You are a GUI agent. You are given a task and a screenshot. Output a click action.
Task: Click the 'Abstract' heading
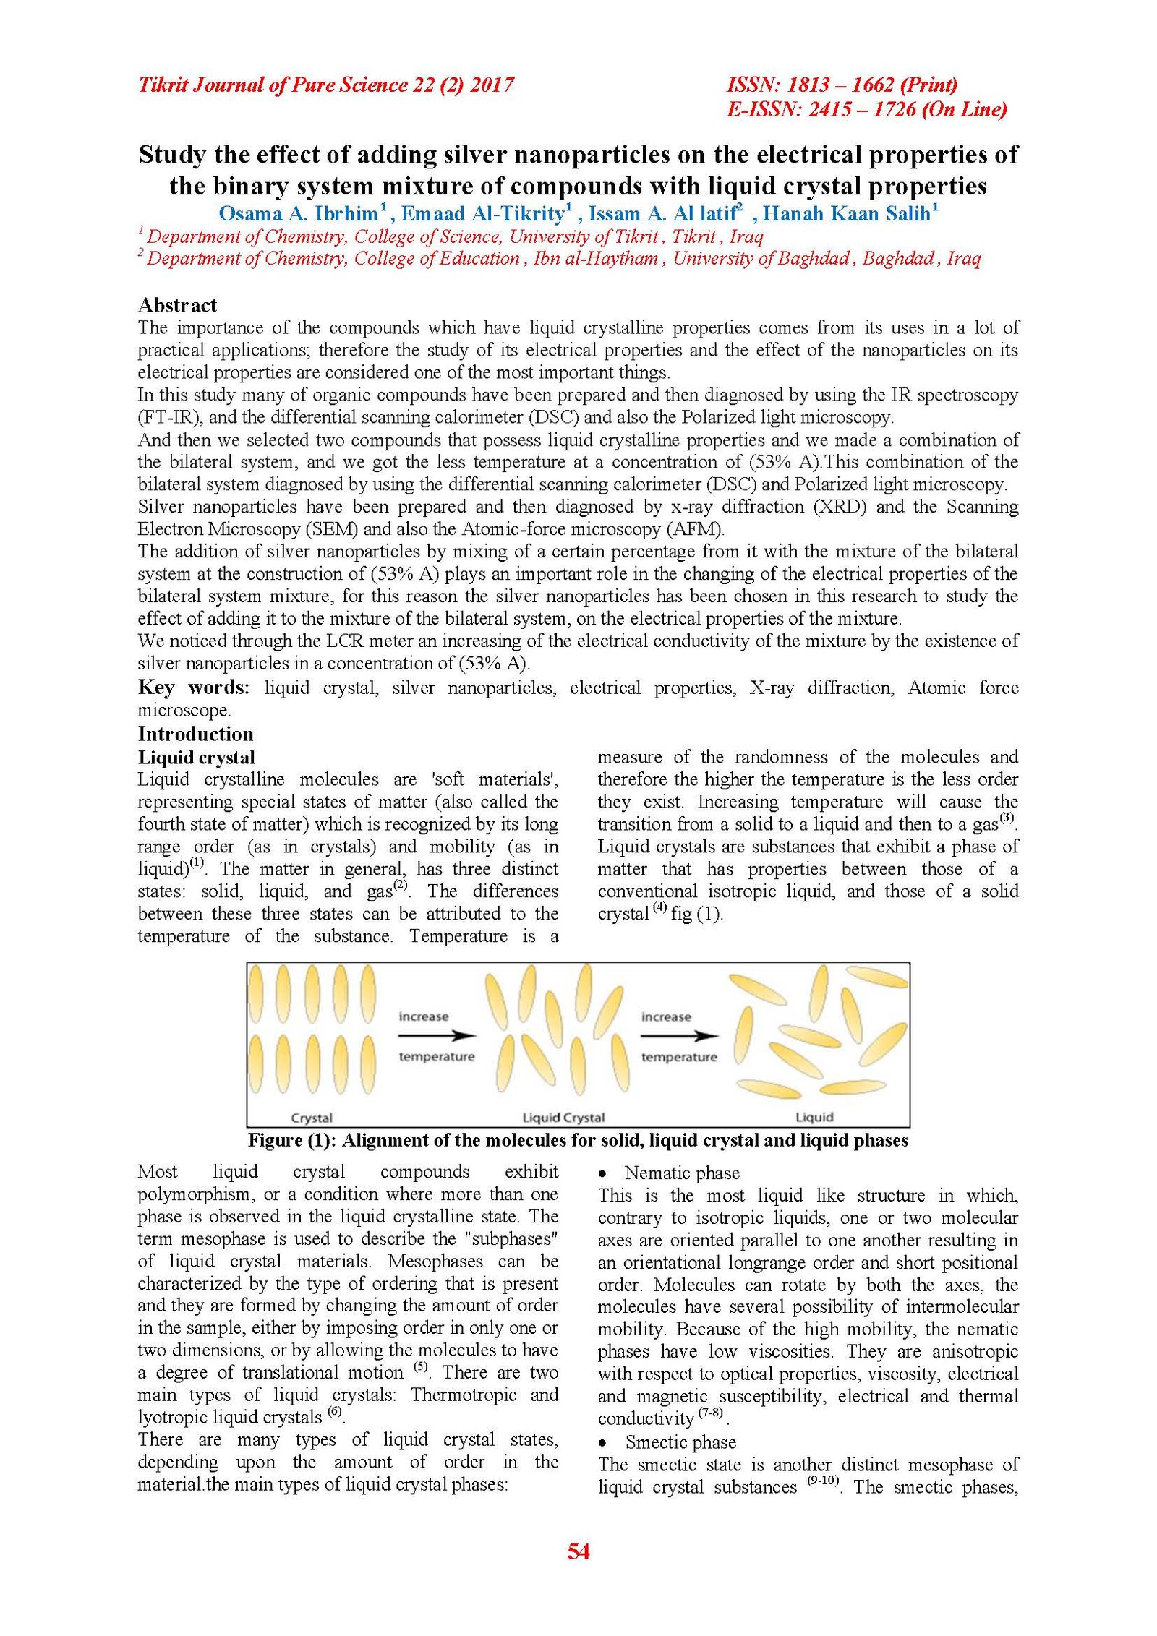tap(177, 305)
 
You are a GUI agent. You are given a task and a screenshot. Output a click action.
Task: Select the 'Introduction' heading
tap(195, 734)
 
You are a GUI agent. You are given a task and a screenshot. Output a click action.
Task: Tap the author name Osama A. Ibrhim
tap(298, 214)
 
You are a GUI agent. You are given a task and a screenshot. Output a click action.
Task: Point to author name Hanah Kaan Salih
tap(846, 214)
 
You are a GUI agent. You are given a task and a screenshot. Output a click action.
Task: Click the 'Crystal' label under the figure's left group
tap(312, 1118)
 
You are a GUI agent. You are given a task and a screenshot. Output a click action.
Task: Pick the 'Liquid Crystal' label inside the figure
tap(563, 1118)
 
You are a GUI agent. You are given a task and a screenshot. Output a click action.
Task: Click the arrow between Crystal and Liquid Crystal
tap(437, 1036)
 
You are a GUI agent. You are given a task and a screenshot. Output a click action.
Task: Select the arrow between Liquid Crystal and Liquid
tap(679, 1036)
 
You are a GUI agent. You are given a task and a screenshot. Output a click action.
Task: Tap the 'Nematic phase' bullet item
tap(682, 1173)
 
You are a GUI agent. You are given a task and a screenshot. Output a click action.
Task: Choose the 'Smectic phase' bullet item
tap(680, 1442)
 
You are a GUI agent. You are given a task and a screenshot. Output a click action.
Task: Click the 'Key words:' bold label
tap(193, 688)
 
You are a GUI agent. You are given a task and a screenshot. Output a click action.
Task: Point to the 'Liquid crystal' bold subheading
tap(196, 757)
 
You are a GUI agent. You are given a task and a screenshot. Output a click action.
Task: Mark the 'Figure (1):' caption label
tap(293, 1140)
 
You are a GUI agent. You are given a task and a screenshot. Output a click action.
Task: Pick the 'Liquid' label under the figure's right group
tap(814, 1118)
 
